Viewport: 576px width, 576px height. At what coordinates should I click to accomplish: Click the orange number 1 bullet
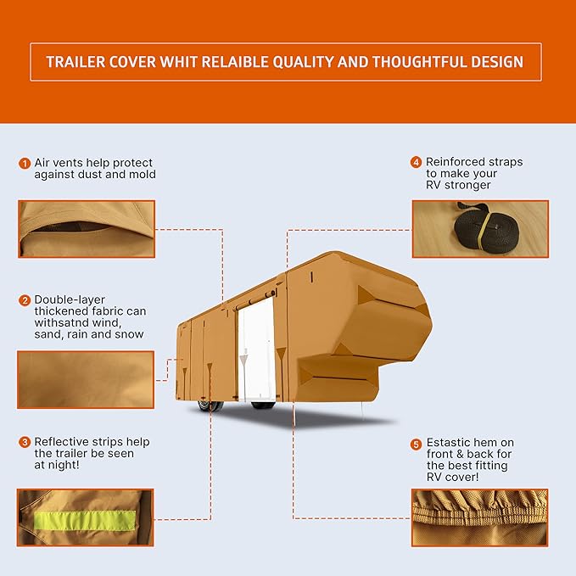click(25, 162)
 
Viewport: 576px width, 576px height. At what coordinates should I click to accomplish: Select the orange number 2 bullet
click(25, 300)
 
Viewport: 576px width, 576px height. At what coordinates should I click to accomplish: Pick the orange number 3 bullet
click(25, 442)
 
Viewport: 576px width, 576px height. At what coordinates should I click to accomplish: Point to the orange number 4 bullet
click(416, 161)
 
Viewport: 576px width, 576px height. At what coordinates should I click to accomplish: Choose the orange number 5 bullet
click(416, 444)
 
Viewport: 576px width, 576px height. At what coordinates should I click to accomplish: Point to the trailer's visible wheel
click(206, 406)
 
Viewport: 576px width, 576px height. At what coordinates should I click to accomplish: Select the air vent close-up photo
click(86, 228)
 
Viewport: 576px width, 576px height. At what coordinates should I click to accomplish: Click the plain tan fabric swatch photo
click(86, 379)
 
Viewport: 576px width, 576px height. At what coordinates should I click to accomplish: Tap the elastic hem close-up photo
click(479, 517)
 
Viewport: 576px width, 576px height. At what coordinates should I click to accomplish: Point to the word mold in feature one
click(143, 174)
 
